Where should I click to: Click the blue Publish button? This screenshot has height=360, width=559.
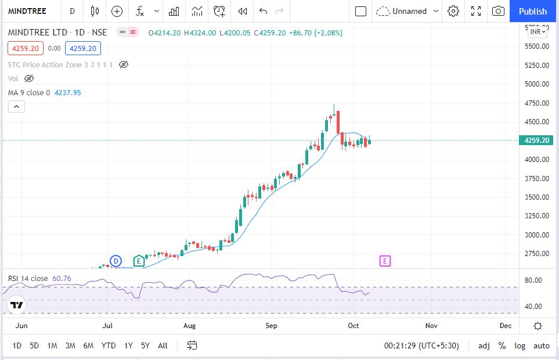pos(533,11)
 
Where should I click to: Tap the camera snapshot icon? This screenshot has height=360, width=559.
pos(498,11)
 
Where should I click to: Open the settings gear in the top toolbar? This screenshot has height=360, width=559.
pos(453,11)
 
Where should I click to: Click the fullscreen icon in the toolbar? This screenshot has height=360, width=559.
pos(476,11)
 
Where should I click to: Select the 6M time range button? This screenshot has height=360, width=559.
pos(88,345)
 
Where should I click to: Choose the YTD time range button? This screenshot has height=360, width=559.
pos(108,345)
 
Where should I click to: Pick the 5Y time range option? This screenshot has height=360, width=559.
pos(145,345)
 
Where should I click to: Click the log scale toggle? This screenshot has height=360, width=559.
pos(520,345)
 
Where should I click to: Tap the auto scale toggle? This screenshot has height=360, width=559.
pos(541,345)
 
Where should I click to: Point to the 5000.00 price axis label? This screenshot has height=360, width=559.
pos(538,84)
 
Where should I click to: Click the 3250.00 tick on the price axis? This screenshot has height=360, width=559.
pos(538,216)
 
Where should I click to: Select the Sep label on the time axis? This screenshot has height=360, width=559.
pos(272,326)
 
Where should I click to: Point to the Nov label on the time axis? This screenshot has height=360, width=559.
pos(431,326)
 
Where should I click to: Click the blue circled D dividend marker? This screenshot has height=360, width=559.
pos(116,261)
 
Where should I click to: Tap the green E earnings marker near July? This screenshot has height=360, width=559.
pos(139,261)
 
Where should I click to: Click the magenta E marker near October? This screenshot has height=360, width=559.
pos(385,261)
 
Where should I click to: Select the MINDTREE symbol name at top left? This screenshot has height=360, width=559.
pos(27,11)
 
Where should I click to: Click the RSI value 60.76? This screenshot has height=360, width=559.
pos(62,278)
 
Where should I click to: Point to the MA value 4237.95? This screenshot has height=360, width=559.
pos(67,92)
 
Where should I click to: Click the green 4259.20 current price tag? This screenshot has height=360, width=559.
pos(537,141)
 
